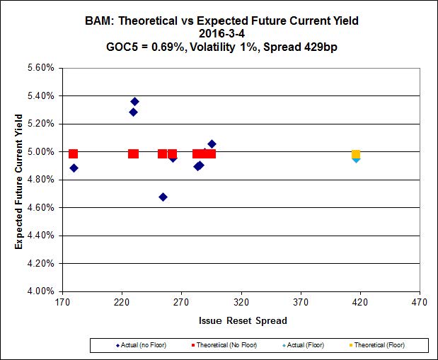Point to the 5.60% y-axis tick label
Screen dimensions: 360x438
[40, 68]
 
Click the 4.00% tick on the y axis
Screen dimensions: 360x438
[40, 291]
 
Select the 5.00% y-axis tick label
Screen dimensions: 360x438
[40, 151]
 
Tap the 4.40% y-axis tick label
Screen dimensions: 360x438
[40, 235]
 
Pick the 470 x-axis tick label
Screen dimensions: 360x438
[420, 303]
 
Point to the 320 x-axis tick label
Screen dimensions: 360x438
[241, 303]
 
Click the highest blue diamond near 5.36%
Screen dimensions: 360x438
[134, 102]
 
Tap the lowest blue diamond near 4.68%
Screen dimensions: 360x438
[163, 197]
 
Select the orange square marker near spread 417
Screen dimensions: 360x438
[356, 154]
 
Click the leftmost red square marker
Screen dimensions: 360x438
[73, 153]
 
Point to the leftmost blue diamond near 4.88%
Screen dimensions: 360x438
[74, 168]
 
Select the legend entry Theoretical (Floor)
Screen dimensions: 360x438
[376, 345]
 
